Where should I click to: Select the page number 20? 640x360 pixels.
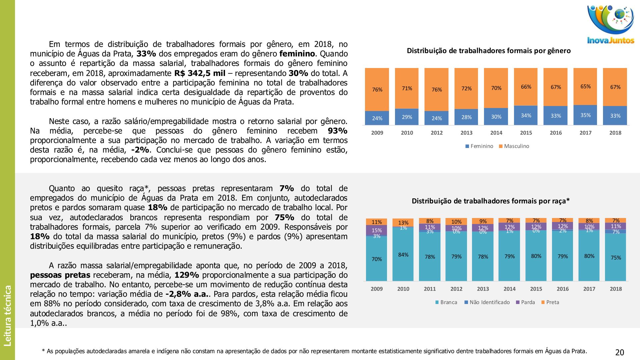coord(619,352)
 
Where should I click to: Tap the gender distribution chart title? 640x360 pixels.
coord(489,51)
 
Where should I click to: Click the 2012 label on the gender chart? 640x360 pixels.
coord(436,133)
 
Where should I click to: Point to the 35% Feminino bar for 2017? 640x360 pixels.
coord(585,115)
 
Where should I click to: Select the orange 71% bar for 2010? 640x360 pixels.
coord(407,88)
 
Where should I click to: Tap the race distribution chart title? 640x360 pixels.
coord(491,201)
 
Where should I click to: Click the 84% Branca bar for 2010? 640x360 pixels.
coord(403,255)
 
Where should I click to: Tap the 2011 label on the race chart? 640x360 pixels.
coord(430,289)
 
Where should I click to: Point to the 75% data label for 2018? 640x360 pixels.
coord(616,258)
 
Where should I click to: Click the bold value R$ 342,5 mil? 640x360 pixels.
coord(200,73)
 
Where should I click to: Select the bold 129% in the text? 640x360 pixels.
coord(187,275)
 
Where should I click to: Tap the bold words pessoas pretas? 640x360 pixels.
coord(60,275)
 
